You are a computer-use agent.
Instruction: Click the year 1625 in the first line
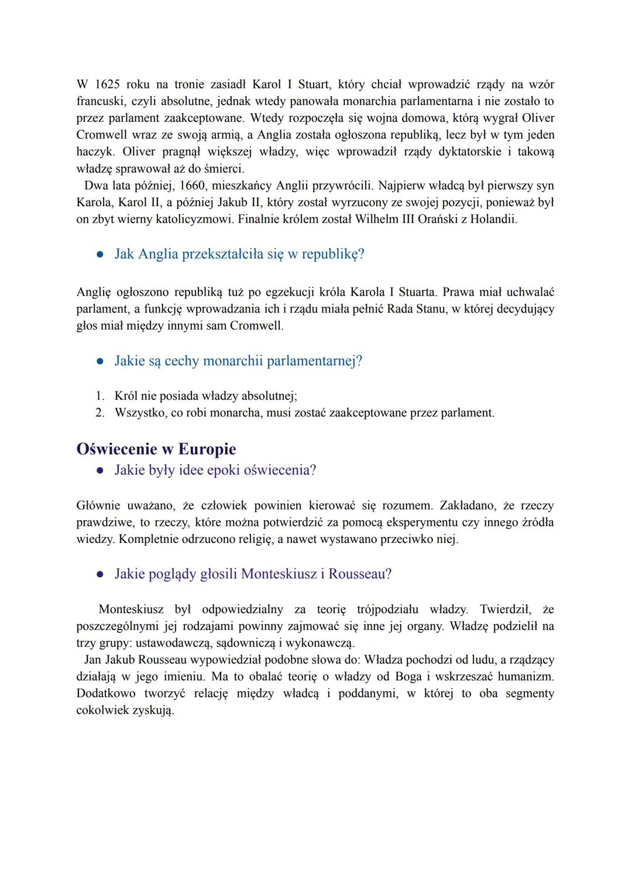pyautogui.click(x=107, y=84)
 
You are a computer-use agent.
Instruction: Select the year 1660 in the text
pyautogui.click(x=194, y=186)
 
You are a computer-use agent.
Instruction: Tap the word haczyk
pyautogui.click(x=95, y=152)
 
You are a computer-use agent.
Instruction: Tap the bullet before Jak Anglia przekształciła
pyautogui.click(x=100, y=255)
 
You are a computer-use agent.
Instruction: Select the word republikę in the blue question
pyautogui.click(x=333, y=255)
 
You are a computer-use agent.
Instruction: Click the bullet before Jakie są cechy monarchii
pyautogui.click(x=100, y=361)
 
